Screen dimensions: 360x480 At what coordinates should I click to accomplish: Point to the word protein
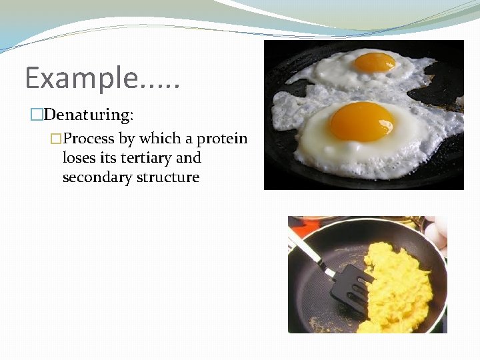(221, 139)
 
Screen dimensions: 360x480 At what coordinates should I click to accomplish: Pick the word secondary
(94, 178)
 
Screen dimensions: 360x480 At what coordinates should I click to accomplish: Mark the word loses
(78, 159)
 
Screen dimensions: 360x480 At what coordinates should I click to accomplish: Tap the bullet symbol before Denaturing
(37, 115)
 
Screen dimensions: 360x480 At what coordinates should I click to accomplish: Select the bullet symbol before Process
(57, 139)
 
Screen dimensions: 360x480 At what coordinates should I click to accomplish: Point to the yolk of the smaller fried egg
(374, 62)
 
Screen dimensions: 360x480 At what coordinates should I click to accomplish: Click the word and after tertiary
(189, 159)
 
